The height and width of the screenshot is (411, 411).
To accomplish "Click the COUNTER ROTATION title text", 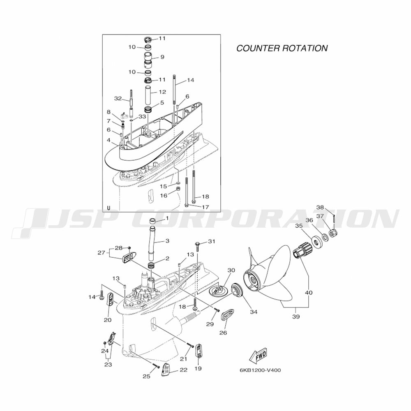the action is point(282,48).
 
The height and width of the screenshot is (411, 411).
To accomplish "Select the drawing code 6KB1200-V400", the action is point(260,370).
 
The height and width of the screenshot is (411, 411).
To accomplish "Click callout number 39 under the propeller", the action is point(296,316).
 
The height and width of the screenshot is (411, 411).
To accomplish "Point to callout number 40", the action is point(309,292).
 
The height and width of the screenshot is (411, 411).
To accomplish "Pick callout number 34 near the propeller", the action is point(254,312).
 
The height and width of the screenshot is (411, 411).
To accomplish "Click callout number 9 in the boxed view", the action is point(162,57).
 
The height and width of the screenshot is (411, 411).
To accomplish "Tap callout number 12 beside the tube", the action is point(162,92).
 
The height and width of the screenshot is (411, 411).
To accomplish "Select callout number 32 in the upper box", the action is point(118,99).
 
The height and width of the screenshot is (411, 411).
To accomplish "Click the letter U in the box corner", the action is point(109,208).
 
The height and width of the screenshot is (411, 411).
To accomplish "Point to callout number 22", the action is point(183,370).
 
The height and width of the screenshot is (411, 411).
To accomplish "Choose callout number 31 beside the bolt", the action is point(211,241).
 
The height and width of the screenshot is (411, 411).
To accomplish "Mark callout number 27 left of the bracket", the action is point(101,253).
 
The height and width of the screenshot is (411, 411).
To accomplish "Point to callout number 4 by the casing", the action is point(109,140).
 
